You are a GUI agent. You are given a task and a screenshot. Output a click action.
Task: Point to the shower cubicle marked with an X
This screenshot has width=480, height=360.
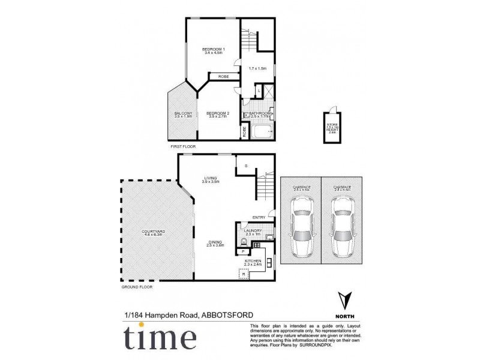pyautogui.click(x=268, y=92)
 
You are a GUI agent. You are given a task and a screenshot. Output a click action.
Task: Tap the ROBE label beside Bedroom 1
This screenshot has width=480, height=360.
pyautogui.click(x=223, y=77)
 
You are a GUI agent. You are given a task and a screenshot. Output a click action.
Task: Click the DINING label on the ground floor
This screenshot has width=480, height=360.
pyautogui.click(x=215, y=242)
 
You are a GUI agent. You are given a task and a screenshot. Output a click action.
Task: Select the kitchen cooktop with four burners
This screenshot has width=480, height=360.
pyautogui.click(x=256, y=245)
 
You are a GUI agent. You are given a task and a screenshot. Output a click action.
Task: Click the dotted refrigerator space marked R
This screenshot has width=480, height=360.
pyautogui.click(x=243, y=274)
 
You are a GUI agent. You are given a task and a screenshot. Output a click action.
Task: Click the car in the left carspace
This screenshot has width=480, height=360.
pyautogui.click(x=300, y=227)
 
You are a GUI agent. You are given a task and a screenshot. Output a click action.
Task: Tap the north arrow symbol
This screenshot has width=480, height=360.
pyautogui.click(x=342, y=300)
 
